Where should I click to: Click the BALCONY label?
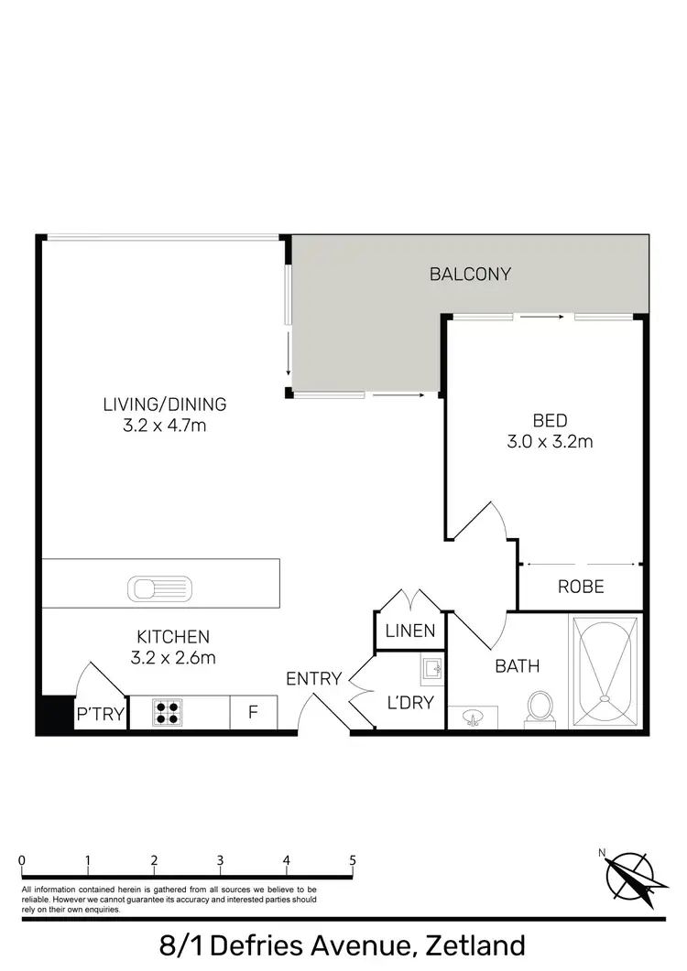click(470, 274)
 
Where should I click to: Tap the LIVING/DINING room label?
click(165, 404)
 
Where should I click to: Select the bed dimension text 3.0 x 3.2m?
click(551, 442)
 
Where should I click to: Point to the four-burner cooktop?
click(167, 712)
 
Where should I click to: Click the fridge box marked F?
click(253, 713)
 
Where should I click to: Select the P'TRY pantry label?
click(100, 714)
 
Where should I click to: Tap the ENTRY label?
click(313, 679)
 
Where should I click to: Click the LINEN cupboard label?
click(409, 631)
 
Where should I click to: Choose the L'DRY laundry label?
click(409, 703)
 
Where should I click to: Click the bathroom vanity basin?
click(474, 717)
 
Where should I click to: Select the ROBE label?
click(581, 587)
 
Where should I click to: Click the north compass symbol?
click(627, 875)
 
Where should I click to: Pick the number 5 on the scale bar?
click(353, 860)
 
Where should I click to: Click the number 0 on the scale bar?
click(21, 860)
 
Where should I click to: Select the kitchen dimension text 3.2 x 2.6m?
click(174, 656)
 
